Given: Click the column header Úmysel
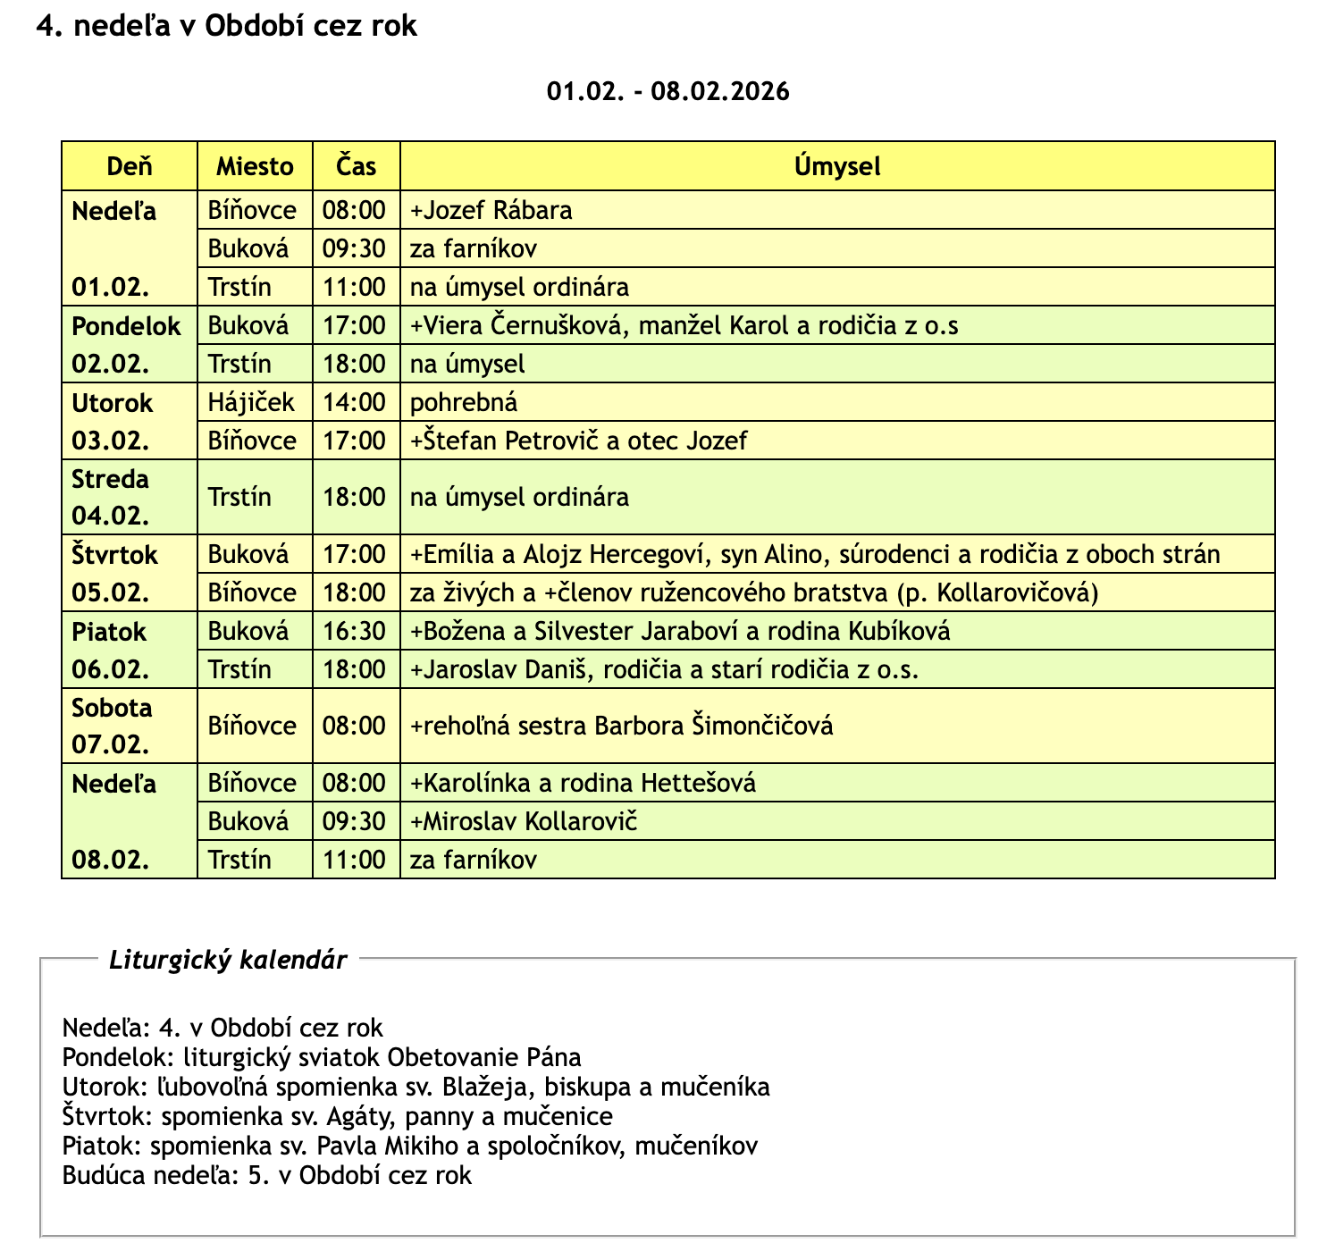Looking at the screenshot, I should pyautogui.click(x=837, y=166).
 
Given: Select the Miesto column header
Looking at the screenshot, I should pyautogui.click(x=255, y=166).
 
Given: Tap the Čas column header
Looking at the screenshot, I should pyautogui.click(x=356, y=166).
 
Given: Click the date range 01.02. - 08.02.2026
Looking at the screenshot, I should pyautogui.click(x=667, y=91).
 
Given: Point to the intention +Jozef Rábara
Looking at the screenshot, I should pyautogui.click(x=491, y=211).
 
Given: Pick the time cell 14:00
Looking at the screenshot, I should pyautogui.click(x=355, y=402).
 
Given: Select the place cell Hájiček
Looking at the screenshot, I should pyautogui.click(x=251, y=402).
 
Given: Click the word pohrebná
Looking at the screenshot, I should pyautogui.click(x=463, y=402).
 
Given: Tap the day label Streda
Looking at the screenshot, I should pyautogui.click(x=110, y=479).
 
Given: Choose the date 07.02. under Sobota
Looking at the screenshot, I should pyautogui.click(x=111, y=744).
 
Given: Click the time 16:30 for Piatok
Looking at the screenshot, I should pyautogui.click(x=355, y=632).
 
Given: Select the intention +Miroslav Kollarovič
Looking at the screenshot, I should pyautogui.click(x=523, y=821).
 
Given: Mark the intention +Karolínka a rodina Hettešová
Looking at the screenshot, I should pyautogui.click(x=583, y=784).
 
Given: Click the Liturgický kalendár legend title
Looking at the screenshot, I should pyautogui.click(x=228, y=961).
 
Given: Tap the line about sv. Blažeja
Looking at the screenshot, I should pyautogui.click(x=416, y=1087).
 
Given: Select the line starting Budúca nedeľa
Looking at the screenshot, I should pyautogui.click(x=266, y=1175).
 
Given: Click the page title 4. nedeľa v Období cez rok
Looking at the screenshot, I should pyautogui.click(x=227, y=26).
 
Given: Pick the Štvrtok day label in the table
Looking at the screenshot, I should pyautogui.click(x=114, y=555).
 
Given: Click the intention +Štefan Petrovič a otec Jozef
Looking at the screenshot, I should pyautogui.click(x=578, y=441).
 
